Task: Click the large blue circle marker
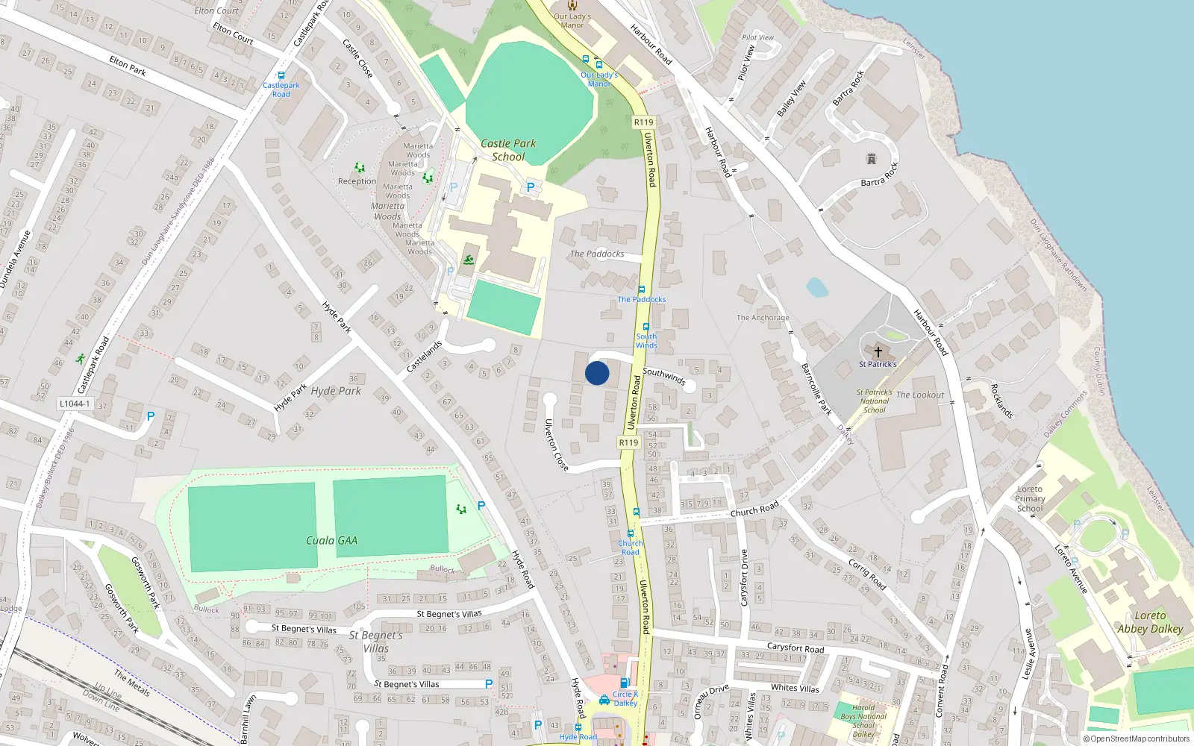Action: point(597,373)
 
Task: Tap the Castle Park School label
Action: point(508,150)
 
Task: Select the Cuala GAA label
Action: point(331,540)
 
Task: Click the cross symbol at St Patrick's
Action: point(878,352)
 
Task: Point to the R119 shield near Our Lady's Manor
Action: point(643,122)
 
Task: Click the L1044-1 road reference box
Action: point(74,404)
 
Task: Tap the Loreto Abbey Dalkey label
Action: point(1150,622)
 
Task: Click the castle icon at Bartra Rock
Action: point(871,159)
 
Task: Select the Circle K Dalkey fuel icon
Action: point(604,700)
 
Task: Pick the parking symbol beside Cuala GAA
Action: point(481,506)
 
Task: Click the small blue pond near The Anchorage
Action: point(817,287)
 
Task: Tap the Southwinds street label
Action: point(663,376)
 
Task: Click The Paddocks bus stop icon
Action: point(641,289)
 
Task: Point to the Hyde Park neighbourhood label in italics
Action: point(336,391)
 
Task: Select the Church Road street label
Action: point(754,510)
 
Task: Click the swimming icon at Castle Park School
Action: point(468,260)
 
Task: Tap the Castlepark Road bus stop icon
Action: point(281,75)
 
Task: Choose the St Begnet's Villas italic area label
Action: point(376,642)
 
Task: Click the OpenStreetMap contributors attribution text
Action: point(1136,739)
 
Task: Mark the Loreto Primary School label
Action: point(1030,498)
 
